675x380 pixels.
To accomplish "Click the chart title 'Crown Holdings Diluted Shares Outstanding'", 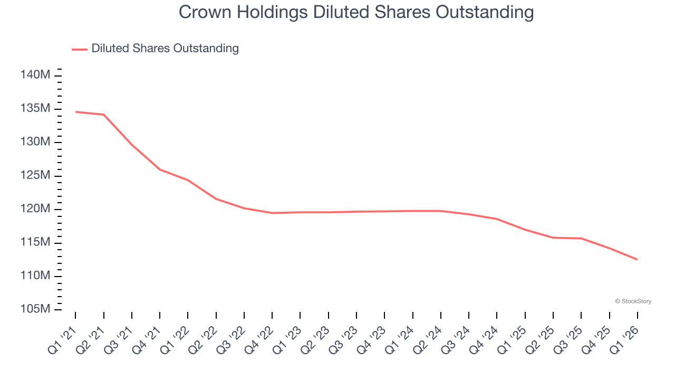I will [x=356, y=12].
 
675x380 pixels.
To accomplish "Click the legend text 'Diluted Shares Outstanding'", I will [x=165, y=49].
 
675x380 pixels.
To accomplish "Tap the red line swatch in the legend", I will [x=80, y=49].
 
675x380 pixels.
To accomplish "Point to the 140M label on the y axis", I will [x=35, y=75].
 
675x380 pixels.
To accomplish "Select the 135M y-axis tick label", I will [x=35, y=109].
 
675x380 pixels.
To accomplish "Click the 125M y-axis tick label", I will [x=35, y=176].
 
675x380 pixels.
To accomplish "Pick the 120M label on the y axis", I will [x=35, y=209].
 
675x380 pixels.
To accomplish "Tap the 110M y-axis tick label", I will [x=35, y=276].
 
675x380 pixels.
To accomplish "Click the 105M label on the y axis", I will [x=35, y=309].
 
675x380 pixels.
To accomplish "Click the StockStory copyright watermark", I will [x=633, y=301].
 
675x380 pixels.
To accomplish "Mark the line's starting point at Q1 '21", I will [x=76, y=112].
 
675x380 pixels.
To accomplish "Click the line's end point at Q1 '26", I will [x=638, y=259].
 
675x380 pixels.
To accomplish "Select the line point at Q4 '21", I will [x=160, y=169].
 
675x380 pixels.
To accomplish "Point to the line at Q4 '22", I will [x=272, y=213].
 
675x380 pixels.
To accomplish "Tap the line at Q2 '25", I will [x=553, y=237].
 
